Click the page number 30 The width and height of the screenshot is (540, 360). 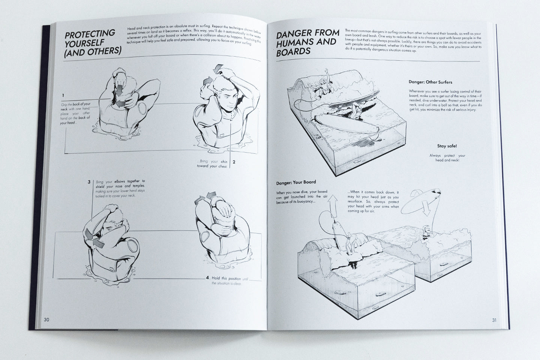pos(46,320)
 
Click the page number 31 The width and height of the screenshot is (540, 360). pos(494,320)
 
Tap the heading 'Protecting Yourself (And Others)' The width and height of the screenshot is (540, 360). pos(92,42)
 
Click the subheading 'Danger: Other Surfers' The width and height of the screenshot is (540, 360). pos(430,82)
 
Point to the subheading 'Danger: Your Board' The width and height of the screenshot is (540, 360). pos(296,183)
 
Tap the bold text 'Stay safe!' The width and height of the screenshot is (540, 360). pos(447,146)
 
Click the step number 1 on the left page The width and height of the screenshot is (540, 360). pos(63,95)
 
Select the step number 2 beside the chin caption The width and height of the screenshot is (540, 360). pos(234,162)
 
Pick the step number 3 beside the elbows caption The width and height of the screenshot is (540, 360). pos(89,182)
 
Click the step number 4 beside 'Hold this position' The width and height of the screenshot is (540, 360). pos(207,278)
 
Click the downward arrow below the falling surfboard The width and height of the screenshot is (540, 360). pos(427,210)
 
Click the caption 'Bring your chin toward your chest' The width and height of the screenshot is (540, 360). pos(212,163)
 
